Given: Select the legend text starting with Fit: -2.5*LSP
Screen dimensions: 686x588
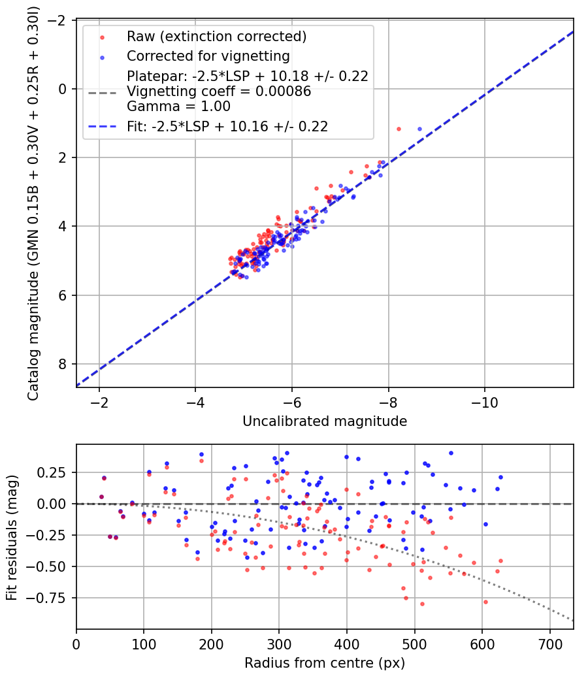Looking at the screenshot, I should (x=227, y=126).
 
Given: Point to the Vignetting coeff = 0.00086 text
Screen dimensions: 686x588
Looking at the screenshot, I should (x=219, y=91).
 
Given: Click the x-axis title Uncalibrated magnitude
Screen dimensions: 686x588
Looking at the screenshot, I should (x=325, y=421).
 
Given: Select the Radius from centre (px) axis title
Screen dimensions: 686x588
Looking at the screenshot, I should (x=325, y=663).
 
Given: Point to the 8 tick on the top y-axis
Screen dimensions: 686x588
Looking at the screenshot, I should (x=64, y=364).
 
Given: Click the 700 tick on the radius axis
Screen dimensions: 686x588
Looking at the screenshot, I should (x=549, y=644).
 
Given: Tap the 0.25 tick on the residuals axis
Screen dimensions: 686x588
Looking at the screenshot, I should (x=54, y=472).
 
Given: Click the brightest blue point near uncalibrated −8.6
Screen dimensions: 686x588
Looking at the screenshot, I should (x=419, y=129).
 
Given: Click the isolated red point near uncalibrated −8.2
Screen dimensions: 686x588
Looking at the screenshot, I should (x=399, y=129).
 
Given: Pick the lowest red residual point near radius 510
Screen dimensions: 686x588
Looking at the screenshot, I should (x=422, y=604).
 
